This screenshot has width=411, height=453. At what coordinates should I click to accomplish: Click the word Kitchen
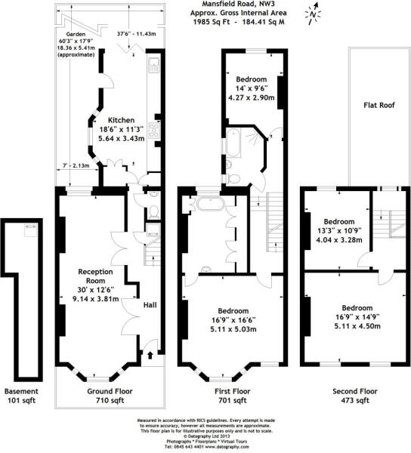[122, 120]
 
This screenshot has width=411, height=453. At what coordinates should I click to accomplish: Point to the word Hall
[150, 305]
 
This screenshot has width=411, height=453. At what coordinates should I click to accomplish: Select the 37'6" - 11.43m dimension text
[136, 34]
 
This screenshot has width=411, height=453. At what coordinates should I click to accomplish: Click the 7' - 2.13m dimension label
[76, 165]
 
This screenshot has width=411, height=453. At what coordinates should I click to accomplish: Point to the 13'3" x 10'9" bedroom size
[332, 231]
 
